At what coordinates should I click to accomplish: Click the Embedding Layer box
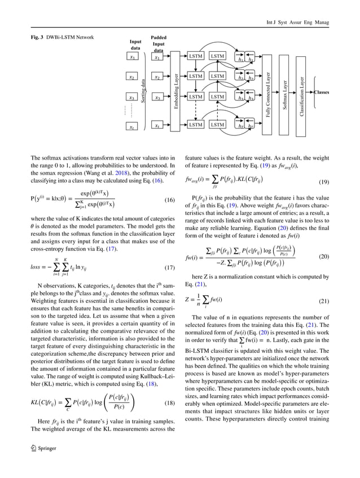175,91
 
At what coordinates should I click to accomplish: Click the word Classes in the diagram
322,92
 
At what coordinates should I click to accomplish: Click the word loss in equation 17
37,267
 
